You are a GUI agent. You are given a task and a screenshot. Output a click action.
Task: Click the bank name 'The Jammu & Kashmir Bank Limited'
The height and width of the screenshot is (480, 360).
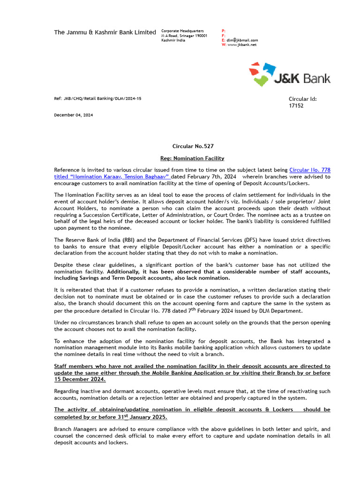pos(105,32)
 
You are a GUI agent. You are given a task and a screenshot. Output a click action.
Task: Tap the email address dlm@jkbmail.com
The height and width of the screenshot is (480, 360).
pos(242,40)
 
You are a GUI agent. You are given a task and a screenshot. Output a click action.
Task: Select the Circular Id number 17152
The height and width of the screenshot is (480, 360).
pos(296,106)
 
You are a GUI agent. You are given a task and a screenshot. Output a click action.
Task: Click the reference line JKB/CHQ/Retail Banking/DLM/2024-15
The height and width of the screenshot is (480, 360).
pos(97,99)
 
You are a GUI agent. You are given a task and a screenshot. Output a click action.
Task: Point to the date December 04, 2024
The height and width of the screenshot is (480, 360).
pos(73,115)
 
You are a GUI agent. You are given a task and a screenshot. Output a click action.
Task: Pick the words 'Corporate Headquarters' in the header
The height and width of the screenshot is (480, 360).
pos(182,31)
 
